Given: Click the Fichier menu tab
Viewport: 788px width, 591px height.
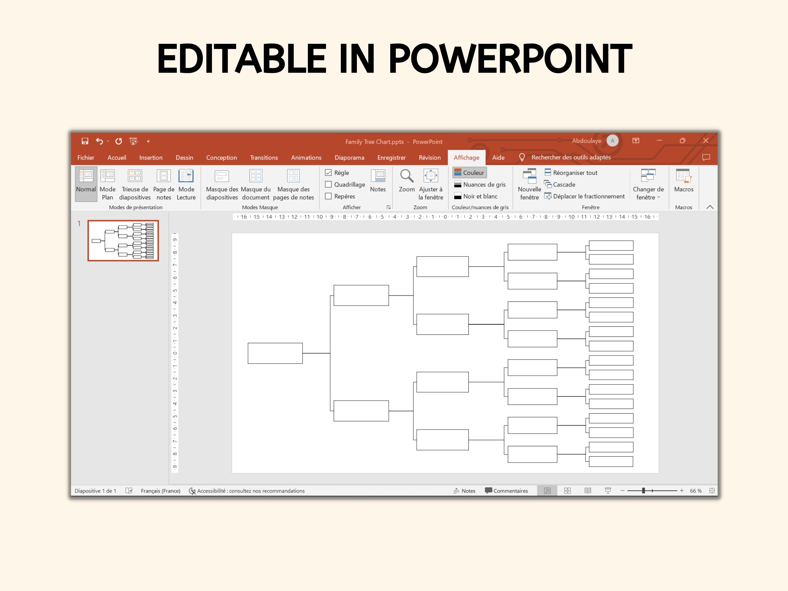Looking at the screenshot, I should tap(86, 158).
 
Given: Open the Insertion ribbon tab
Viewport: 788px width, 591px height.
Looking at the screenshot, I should tap(151, 158).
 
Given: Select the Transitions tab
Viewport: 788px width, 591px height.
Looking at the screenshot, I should tap(264, 158).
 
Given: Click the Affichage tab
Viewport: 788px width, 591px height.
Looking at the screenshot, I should tap(466, 158).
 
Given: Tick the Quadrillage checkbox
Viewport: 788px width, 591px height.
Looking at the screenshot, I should tap(328, 184).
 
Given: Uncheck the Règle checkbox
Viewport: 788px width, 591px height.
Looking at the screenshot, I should tap(328, 173).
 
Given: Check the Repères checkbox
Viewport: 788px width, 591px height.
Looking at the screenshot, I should tap(328, 196).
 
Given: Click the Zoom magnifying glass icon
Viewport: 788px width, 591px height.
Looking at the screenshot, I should tap(407, 176).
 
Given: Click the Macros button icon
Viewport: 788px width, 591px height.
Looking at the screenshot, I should tap(683, 176).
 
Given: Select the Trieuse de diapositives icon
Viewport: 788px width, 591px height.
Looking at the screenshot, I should tap(135, 176).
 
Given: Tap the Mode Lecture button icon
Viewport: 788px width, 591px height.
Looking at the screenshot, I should tap(186, 176).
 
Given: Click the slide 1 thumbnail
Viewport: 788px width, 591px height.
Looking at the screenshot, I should tap(123, 240).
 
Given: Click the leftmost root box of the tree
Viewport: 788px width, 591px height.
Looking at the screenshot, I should tap(275, 353).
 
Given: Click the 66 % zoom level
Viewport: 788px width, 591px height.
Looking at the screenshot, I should tap(695, 491).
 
